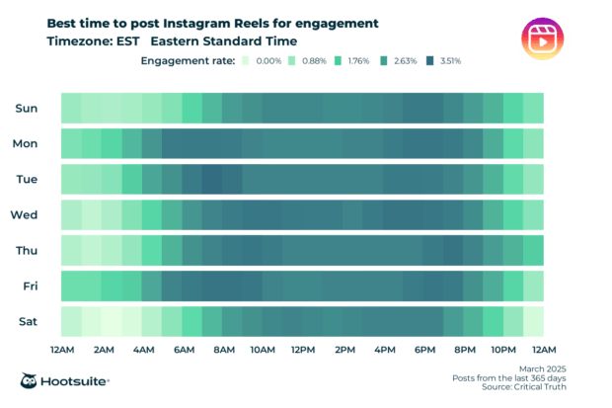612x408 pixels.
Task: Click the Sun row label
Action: [x=26, y=108]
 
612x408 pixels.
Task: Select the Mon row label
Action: [x=26, y=143]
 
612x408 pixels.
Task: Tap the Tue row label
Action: [x=26, y=179]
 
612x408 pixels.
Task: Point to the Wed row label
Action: [x=25, y=214]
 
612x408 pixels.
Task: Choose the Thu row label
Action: [x=26, y=250]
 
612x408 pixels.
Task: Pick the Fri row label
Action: [x=28, y=286]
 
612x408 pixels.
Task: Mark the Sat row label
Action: [x=27, y=321]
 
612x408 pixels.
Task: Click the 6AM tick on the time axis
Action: [x=183, y=351]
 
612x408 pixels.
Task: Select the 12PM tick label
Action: [x=304, y=351]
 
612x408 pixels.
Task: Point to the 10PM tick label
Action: [x=503, y=351]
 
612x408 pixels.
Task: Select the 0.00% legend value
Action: [x=269, y=61]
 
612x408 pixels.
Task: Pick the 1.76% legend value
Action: [x=359, y=61]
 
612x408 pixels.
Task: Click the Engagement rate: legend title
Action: [x=188, y=61]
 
